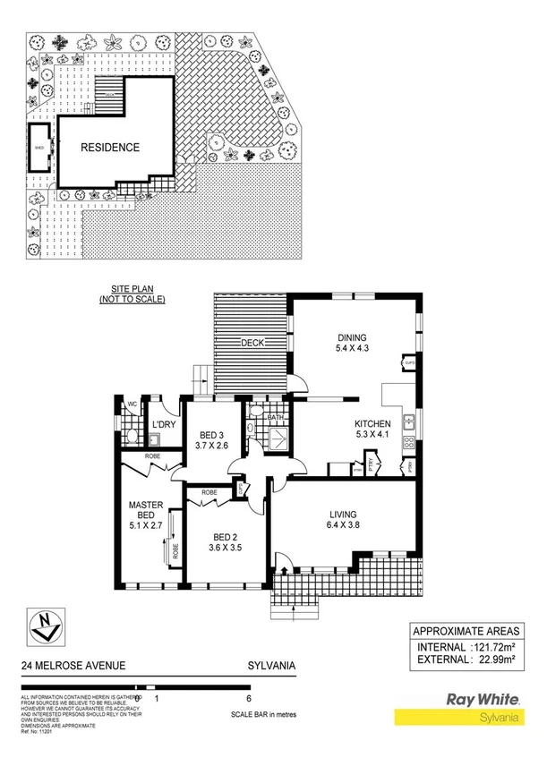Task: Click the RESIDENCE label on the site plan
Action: pyautogui.click(x=111, y=148)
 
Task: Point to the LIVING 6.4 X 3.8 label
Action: pyautogui.click(x=342, y=521)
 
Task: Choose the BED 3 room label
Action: pyautogui.click(x=212, y=440)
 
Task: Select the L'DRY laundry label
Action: pyautogui.click(x=162, y=423)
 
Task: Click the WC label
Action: pyautogui.click(x=130, y=403)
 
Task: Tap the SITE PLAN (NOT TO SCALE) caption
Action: pyautogui.click(x=132, y=295)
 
